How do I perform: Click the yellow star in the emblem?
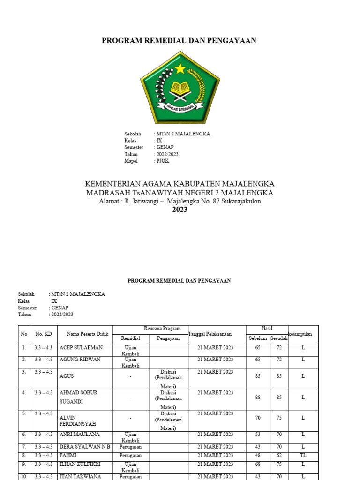(x=180, y=69)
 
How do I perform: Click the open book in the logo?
(x=180, y=88)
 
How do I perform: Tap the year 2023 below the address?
(x=180, y=210)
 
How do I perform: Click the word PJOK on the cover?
(x=163, y=161)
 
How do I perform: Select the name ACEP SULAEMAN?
(x=81, y=348)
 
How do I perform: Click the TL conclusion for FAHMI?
(x=303, y=455)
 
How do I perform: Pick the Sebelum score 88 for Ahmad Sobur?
(x=257, y=397)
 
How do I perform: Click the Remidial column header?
(x=131, y=338)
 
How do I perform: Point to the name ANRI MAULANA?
(x=80, y=435)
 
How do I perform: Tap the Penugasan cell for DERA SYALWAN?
(x=131, y=447)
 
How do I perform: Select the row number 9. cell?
(x=23, y=464)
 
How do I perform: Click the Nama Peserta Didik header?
(x=88, y=334)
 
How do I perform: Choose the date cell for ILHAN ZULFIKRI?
(x=215, y=464)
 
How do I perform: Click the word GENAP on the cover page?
(x=165, y=147)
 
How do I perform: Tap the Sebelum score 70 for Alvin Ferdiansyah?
(x=257, y=418)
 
